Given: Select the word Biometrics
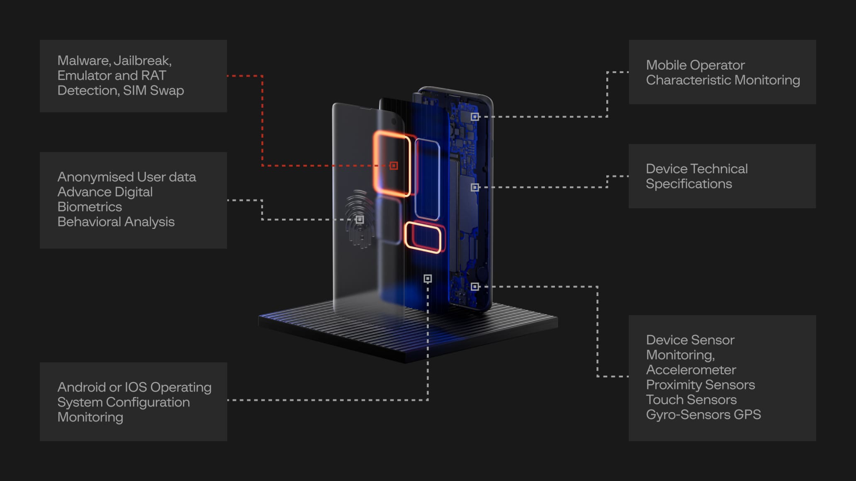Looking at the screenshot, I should click(x=90, y=207).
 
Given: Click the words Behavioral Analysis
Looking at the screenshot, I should click(x=116, y=222).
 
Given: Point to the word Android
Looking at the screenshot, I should click(x=82, y=387).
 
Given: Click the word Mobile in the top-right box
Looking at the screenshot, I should click(x=666, y=65).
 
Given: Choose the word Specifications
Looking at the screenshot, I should click(x=688, y=184).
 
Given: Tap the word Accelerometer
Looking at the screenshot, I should click(x=691, y=370).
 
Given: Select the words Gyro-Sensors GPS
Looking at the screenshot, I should click(x=703, y=415).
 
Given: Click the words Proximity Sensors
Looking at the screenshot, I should click(x=700, y=385).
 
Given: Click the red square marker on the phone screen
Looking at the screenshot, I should click(x=394, y=166).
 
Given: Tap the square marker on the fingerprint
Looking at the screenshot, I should click(x=360, y=219).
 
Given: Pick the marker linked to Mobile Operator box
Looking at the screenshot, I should click(x=475, y=117).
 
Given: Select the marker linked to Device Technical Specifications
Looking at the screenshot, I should click(x=475, y=187).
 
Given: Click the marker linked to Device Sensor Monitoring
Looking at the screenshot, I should click(x=475, y=287).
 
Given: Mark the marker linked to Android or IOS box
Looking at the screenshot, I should click(x=428, y=279).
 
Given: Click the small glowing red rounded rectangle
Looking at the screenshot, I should click(x=423, y=238).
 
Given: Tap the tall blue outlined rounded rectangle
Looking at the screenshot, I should click(x=427, y=180).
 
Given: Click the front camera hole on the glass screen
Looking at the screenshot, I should click(x=394, y=121).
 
